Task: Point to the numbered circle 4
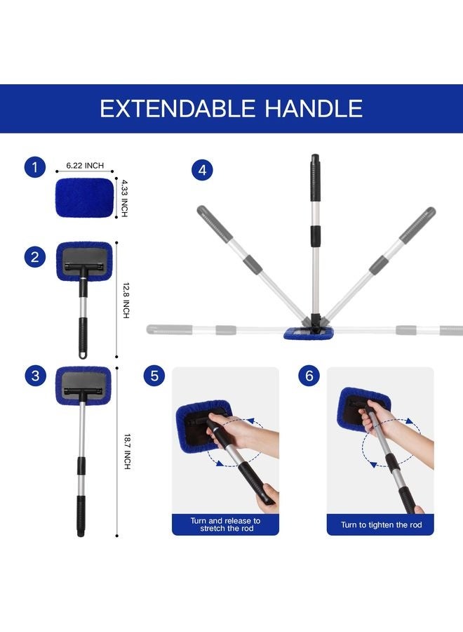[202, 170]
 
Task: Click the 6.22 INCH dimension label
[85, 166]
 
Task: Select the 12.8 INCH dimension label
[125, 301]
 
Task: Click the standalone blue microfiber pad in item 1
[83, 199]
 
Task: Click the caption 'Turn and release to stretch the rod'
[225, 525]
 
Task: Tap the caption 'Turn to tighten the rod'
[380, 525]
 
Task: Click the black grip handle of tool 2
[83, 336]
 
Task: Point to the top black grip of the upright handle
[316, 178]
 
